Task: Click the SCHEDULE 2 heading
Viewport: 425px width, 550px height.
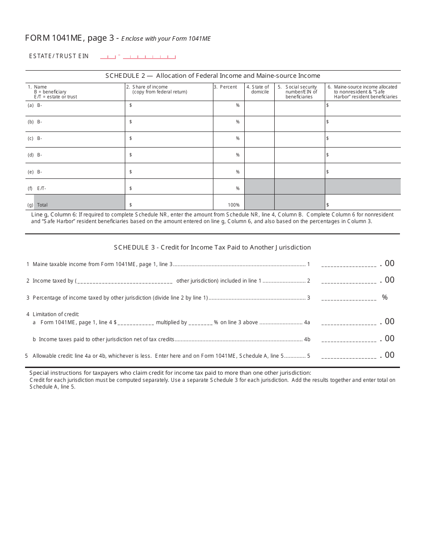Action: [212, 76]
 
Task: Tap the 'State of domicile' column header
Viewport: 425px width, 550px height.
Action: [259, 89]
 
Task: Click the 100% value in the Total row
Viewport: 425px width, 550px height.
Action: [233, 205]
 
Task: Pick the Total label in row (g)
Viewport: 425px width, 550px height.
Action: [42, 205]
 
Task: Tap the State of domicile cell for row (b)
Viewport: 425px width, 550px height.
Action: [259, 122]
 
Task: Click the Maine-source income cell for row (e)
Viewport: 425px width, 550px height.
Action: [362, 172]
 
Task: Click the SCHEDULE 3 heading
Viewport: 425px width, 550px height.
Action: [212, 247]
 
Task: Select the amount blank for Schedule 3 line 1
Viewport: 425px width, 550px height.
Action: [349, 265]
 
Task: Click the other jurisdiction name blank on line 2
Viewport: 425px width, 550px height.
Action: [125, 281]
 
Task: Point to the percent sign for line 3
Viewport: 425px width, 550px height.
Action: [385, 297]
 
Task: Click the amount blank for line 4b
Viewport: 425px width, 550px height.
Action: [349, 339]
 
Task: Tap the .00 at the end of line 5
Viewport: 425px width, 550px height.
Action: [387, 355]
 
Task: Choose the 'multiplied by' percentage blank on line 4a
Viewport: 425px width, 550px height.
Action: [200, 322]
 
